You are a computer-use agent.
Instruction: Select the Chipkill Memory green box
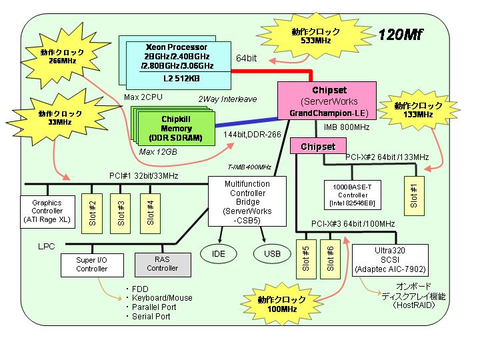(176, 128)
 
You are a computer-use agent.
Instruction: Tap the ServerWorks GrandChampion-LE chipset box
(327, 101)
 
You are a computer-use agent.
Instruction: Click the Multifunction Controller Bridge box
(247, 201)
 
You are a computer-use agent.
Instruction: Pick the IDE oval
(219, 253)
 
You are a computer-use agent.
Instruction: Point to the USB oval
(272, 253)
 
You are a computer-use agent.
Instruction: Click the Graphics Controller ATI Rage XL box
(47, 211)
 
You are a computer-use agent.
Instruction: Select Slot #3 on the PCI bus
(120, 213)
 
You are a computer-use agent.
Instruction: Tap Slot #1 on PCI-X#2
(414, 196)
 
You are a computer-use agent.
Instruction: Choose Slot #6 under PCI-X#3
(330, 259)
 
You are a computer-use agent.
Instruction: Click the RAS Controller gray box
(163, 265)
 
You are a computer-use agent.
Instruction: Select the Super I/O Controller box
(92, 265)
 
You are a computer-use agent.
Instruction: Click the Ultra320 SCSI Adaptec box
(390, 260)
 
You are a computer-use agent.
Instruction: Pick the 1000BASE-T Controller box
(353, 195)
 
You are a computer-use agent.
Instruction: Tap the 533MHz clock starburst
(315, 36)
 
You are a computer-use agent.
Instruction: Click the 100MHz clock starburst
(282, 304)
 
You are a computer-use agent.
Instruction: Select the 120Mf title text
(400, 35)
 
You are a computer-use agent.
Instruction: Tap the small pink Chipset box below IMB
(318, 146)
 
